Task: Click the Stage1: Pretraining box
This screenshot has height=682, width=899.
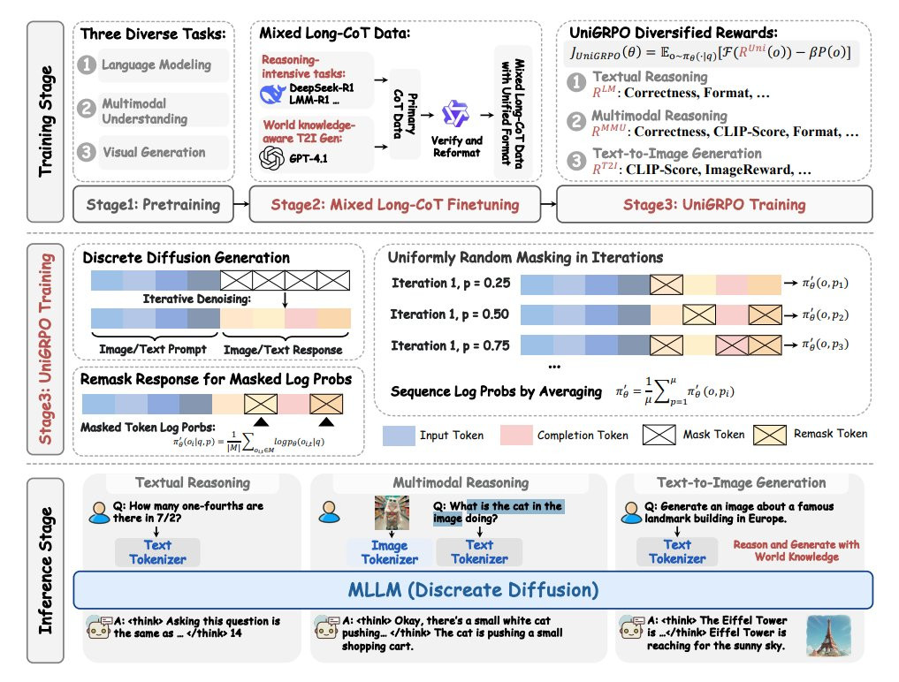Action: [152, 204]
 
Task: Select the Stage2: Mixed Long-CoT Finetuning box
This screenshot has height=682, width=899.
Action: [394, 204]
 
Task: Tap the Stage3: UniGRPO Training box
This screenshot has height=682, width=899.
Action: [714, 204]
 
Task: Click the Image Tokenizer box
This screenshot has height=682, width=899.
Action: [389, 552]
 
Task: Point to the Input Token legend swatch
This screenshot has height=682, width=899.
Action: [396, 434]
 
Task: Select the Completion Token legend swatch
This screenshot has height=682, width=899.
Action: [515, 434]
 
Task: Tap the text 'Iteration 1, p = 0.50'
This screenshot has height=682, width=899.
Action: [450, 314]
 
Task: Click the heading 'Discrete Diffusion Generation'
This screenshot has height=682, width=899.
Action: [186, 258]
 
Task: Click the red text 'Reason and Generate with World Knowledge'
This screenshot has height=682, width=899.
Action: [796, 551]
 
